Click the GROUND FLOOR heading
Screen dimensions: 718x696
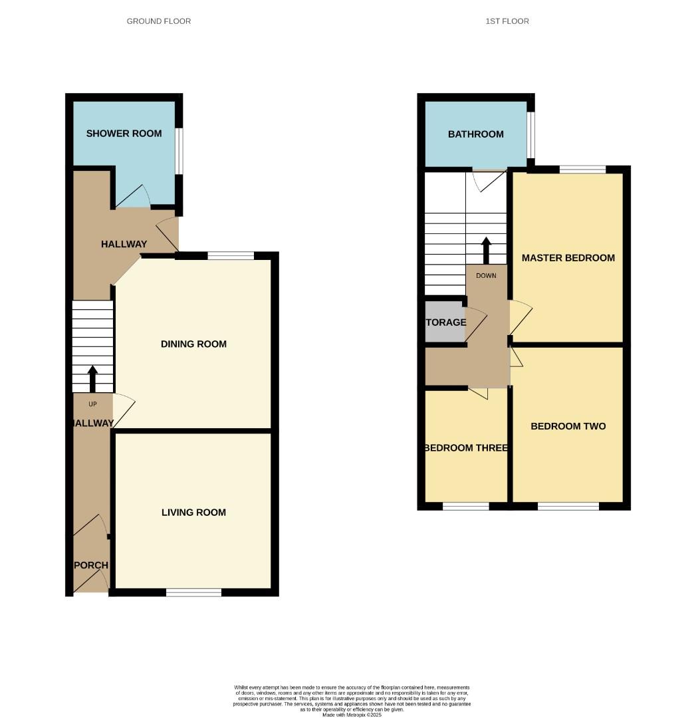[x=159, y=21]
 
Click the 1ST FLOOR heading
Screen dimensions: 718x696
[x=507, y=21]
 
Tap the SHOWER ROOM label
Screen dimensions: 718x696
[x=124, y=134]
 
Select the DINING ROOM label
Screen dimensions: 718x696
[x=193, y=344]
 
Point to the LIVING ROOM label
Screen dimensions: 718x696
[x=193, y=513]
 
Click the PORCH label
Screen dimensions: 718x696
[x=90, y=566]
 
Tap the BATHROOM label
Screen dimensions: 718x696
[x=475, y=134]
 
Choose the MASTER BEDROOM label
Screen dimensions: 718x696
[x=568, y=258]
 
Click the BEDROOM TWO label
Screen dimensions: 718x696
[x=568, y=426]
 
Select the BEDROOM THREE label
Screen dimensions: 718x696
[x=466, y=448]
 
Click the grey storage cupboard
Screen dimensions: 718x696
[x=445, y=322]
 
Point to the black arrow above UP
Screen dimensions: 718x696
[x=92, y=378]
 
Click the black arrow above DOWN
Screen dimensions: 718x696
[x=486, y=250]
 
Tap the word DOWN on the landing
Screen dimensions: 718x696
[x=486, y=275]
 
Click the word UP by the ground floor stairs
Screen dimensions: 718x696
[x=92, y=404]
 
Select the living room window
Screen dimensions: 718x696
[x=193, y=592]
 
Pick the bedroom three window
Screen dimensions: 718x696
[x=465, y=506]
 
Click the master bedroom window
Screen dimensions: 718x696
[x=582, y=170]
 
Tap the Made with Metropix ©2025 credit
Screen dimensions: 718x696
[x=352, y=715]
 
